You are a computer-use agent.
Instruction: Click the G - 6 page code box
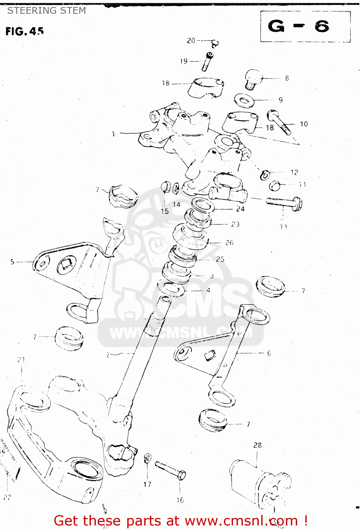(x=305, y=26)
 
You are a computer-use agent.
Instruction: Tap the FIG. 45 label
(x=24, y=31)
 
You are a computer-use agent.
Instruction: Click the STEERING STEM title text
(x=47, y=11)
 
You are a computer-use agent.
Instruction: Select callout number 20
(x=191, y=41)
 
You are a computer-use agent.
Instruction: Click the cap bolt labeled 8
(x=253, y=79)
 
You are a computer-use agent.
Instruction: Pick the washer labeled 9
(x=244, y=100)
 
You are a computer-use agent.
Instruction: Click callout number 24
(x=240, y=209)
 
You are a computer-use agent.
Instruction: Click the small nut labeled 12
(x=265, y=175)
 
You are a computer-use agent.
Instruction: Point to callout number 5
(x=12, y=262)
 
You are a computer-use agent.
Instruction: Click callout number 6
(x=269, y=353)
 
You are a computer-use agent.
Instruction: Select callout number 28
(x=257, y=445)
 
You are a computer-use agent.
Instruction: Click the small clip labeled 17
(x=148, y=458)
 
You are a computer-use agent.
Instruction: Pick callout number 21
(x=21, y=360)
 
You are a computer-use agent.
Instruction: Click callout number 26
(x=229, y=243)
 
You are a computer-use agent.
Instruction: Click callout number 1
(x=113, y=134)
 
